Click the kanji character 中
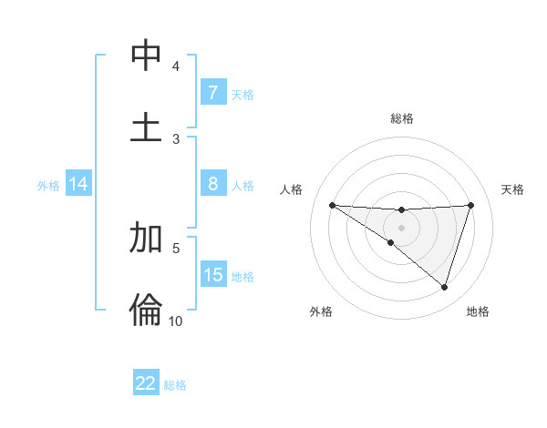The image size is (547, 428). point(146,56)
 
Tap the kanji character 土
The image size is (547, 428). point(146,126)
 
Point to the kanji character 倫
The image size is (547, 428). point(146,309)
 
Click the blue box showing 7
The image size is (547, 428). point(212,93)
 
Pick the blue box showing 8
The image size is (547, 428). point(212,184)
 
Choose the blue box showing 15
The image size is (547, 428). point(212,275)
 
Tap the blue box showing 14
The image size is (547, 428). point(78,184)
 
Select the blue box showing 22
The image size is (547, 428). point(146,383)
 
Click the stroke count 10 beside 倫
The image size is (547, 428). point(175,321)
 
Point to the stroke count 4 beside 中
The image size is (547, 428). point(176,66)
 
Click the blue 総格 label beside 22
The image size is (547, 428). point(175,384)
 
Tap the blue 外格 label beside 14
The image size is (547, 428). point(48,185)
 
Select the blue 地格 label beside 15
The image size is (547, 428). point(243,276)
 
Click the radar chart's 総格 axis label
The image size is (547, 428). point(401,118)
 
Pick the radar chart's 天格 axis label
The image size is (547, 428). point(513,189)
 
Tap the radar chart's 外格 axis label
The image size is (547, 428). point(321,311)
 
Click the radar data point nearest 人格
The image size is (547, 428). point(332,205)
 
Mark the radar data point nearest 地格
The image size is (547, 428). point(444,287)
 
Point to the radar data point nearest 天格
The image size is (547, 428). point(470,205)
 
